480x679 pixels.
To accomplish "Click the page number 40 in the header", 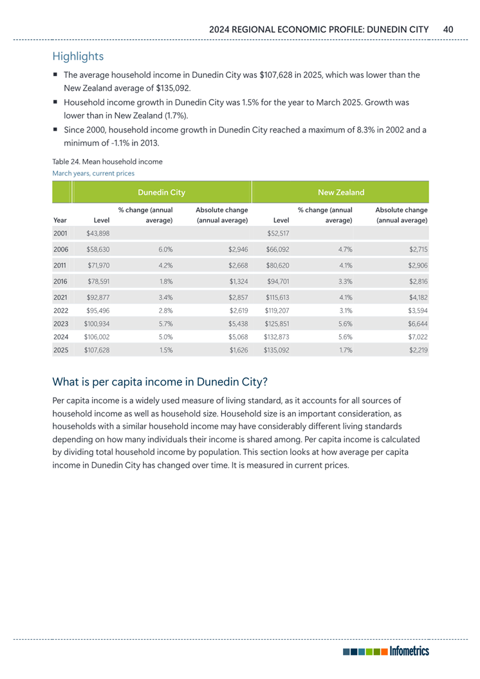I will pos(448,29).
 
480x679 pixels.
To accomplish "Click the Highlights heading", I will pos(78,57).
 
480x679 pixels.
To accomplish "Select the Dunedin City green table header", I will pos(162,192).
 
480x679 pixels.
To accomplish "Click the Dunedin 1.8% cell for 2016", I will pos(165,281).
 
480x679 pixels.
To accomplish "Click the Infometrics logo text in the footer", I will pos(408,651).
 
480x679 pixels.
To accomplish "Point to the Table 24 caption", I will pos(103,161).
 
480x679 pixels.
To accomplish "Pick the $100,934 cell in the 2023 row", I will pos(97,323).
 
